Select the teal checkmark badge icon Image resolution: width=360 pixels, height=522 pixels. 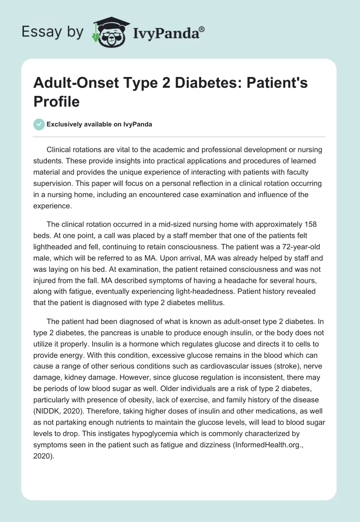[39, 124]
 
